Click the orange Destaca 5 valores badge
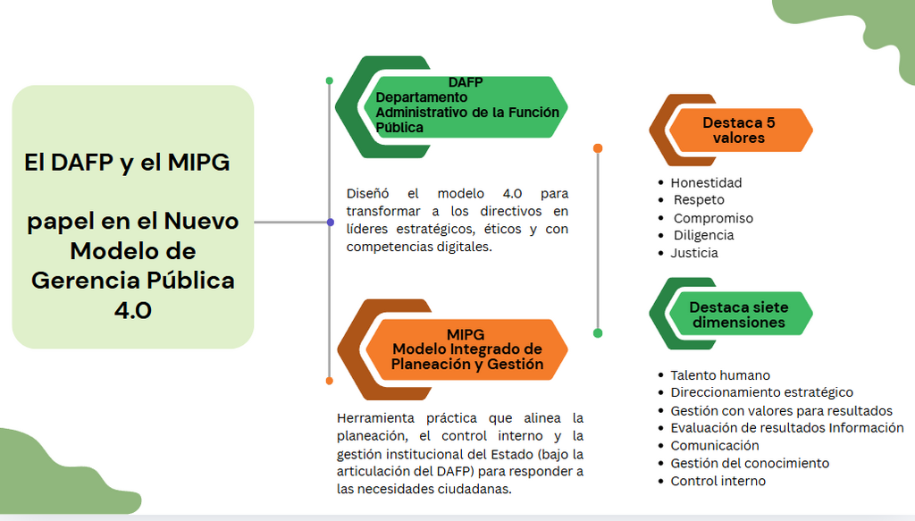point(739,130)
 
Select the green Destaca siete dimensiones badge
point(739,315)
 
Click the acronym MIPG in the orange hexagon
point(465,334)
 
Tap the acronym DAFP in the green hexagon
point(465,82)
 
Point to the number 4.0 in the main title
point(133,310)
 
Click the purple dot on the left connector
point(331,223)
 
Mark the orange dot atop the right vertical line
point(598,148)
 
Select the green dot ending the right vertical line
point(598,333)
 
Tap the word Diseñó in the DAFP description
point(367,193)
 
